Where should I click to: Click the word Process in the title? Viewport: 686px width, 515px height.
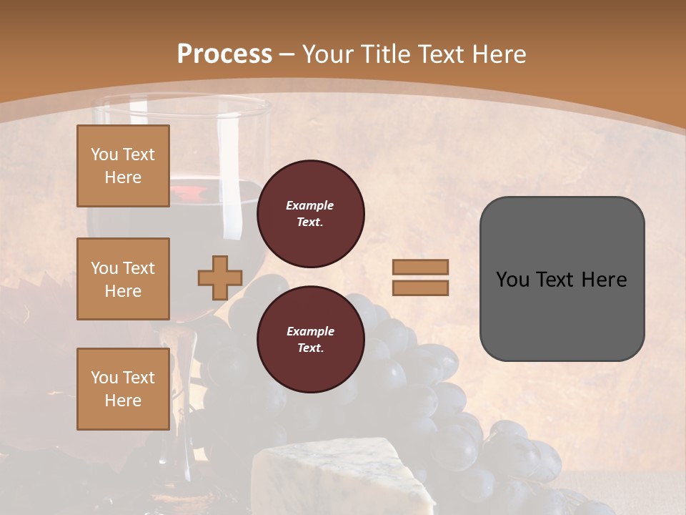tap(224, 54)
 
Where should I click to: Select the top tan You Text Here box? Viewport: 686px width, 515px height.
tap(123, 166)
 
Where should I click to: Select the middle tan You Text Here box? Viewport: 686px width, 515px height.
tap(123, 279)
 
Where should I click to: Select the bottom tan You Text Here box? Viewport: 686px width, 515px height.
tap(123, 388)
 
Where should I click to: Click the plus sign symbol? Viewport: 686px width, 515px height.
tap(220, 278)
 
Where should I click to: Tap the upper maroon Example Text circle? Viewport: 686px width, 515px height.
tap(310, 214)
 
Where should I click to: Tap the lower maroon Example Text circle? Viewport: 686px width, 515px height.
tap(310, 339)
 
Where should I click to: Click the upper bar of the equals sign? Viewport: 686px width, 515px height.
tap(420, 267)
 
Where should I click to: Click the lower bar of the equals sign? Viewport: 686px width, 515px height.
tap(420, 288)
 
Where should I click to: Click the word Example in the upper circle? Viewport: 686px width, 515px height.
tap(310, 205)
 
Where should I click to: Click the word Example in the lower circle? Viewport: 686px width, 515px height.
tap(310, 331)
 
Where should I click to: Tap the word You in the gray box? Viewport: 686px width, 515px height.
tap(512, 279)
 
